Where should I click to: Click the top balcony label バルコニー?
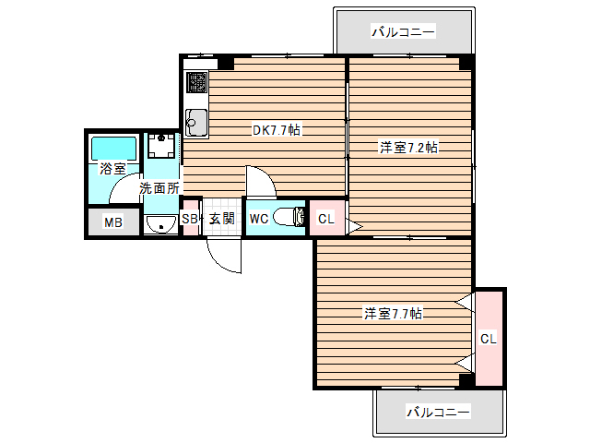point(403,32)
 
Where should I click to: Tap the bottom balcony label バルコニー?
point(439,411)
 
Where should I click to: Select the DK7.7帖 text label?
point(277,130)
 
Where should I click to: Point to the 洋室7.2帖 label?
point(408,147)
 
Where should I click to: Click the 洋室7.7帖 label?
point(392,314)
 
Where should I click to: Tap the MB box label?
point(112,222)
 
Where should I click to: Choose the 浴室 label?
point(112,169)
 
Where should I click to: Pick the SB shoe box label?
point(190,219)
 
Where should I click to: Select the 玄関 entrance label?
point(221,219)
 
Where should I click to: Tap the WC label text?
point(258,219)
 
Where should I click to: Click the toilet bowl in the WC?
point(293,218)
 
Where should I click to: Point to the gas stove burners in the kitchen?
point(197,83)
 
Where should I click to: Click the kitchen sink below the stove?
point(195,119)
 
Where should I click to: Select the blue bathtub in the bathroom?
point(113,147)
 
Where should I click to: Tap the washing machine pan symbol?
point(162,148)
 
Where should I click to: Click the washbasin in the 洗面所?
point(162,223)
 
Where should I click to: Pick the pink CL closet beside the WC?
point(324,219)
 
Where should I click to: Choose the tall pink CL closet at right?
point(489,338)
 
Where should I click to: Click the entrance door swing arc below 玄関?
point(221,254)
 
